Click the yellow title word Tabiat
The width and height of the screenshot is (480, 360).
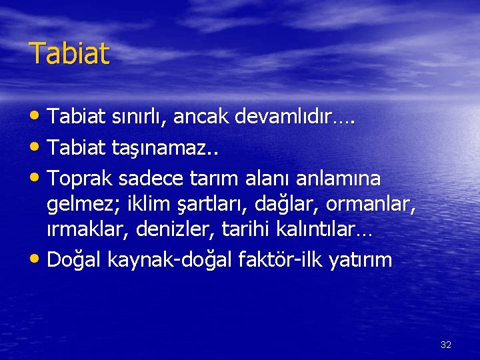[69, 53]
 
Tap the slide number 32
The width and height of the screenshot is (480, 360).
[446, 345]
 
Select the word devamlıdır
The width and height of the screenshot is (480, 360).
[291, 118]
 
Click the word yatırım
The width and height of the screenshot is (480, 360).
[361, 260]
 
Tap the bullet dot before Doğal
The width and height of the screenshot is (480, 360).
[37, 259]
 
